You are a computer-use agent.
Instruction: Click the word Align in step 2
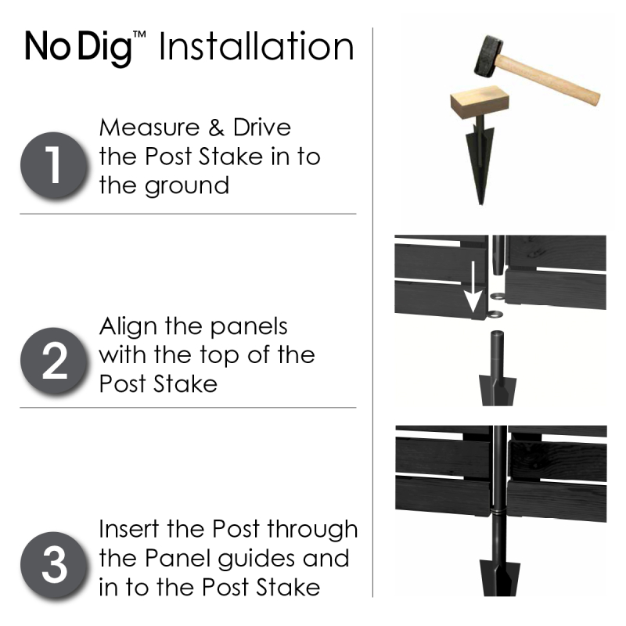127,326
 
